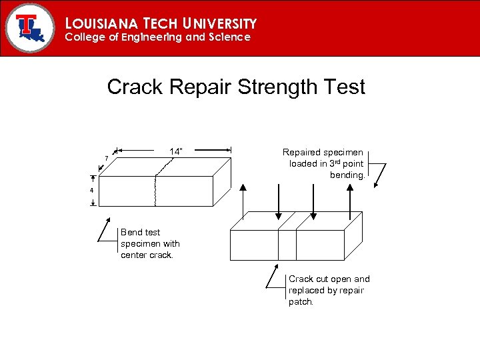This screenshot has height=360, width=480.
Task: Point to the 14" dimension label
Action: coord(176,151)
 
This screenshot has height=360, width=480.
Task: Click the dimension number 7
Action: coord(106,158)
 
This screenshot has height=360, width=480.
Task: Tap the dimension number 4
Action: coord(93,191)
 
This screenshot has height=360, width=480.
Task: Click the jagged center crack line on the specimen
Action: coord(156,190)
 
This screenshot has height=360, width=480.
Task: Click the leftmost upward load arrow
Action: coord(243,200)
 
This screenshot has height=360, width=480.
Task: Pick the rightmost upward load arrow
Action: coord(350,200)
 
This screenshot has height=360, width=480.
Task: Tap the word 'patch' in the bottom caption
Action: coord(300,302)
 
